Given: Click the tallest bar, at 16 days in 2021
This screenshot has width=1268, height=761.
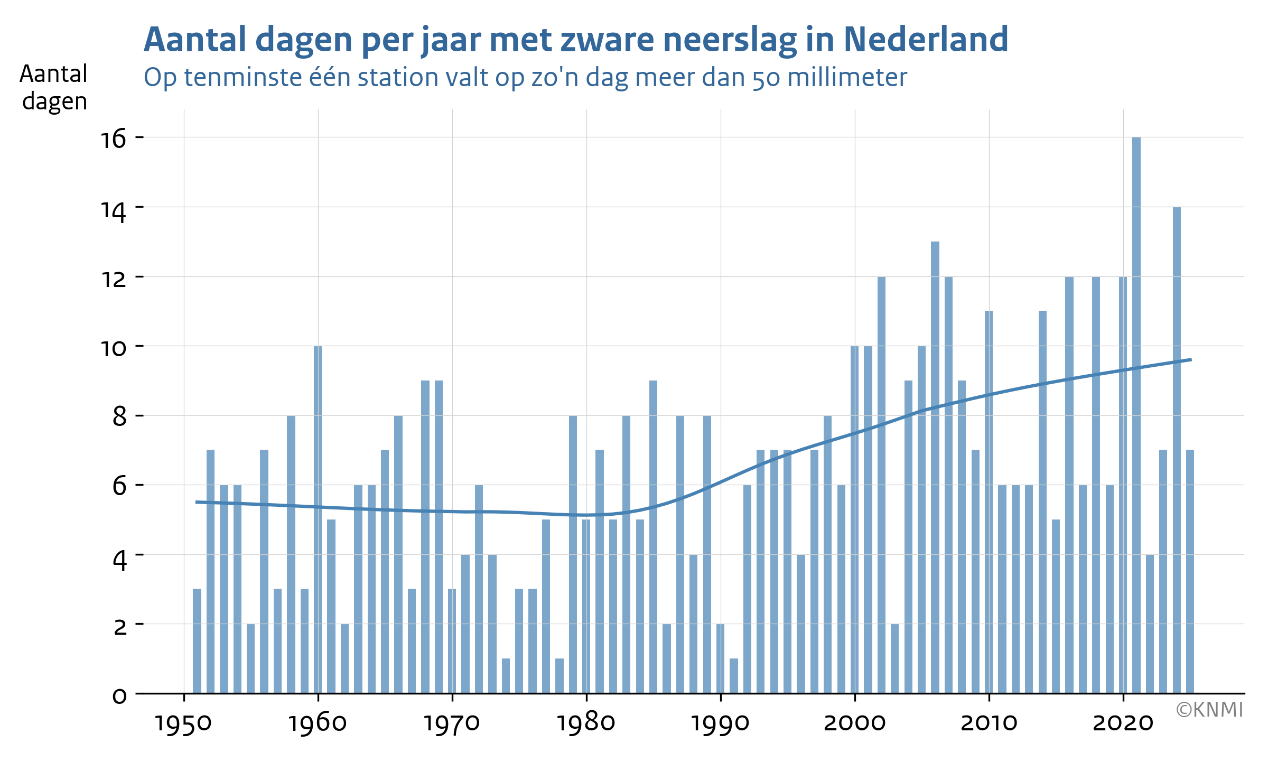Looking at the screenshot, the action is (x=1136, y=415).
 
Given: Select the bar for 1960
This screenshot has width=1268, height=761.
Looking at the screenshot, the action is (x=318, y=519).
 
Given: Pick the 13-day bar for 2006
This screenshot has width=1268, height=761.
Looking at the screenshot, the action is (x=935, y=467).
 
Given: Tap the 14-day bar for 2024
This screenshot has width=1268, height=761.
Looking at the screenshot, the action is (x=1177, y=450).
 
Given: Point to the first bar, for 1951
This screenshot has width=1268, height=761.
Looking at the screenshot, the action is (x=197, y=641).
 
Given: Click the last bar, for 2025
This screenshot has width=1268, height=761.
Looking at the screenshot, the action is (x=1190, y=571).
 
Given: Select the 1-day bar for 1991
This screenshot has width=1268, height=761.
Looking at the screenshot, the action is (x=734, y=676).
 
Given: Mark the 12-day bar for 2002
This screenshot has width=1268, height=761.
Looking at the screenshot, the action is (x=881, y=485).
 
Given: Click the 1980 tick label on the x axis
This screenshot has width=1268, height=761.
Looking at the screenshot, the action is (x=586, y=723).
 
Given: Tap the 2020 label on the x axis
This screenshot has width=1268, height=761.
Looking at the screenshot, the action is (x=1123, y=723).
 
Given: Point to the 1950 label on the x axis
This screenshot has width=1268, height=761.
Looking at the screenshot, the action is (x=183, y=723).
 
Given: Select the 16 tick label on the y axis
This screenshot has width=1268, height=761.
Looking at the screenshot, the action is (x=114, y=139).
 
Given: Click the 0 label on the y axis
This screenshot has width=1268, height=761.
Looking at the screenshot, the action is (x=120, y=696).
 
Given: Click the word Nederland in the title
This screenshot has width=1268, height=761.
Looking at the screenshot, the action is (x=926, y=40).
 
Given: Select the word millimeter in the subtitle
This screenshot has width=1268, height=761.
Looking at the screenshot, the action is (x=847, y=77).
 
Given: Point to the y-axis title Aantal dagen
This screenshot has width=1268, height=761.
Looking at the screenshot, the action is (x=54, y=88).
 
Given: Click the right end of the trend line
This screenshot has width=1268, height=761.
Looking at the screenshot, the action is (x=1191, y=359).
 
